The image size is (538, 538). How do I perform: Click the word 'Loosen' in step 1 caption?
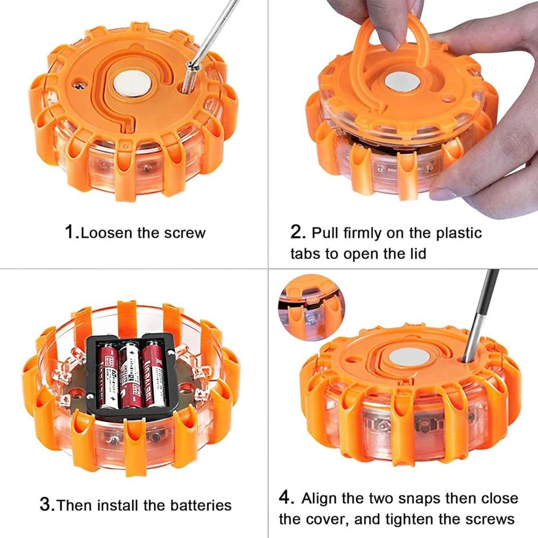pos(108,233)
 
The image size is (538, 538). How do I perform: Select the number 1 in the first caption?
pos(70,232)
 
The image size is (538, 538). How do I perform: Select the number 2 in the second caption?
pos(297,232)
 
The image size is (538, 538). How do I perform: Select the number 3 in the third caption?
pos(47,505)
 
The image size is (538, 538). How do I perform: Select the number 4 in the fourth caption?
pos(287,498)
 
